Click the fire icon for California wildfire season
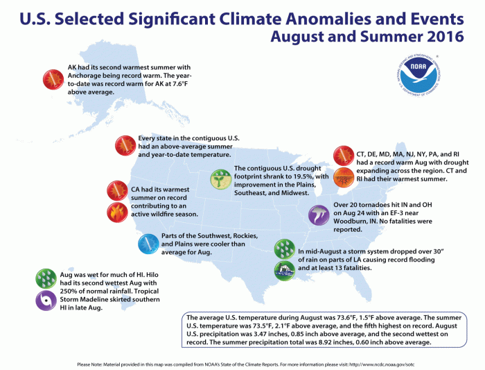click(117, 214)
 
